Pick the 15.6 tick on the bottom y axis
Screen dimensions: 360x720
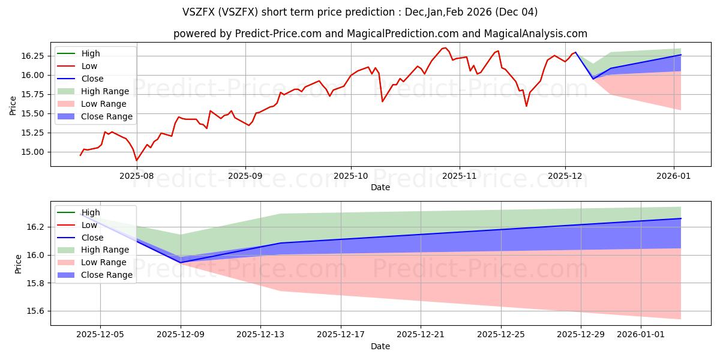point(36,311)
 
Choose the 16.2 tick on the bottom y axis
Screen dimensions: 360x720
point(36,227)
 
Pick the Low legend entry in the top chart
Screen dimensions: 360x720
point(89,66)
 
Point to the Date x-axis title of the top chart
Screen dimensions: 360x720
point(380,187)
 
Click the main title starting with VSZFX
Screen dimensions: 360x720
point(360,12)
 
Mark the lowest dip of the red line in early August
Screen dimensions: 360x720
point(136,160)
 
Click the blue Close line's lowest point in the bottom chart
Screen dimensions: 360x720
point(181,262)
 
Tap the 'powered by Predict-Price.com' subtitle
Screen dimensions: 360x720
point(380,34)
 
